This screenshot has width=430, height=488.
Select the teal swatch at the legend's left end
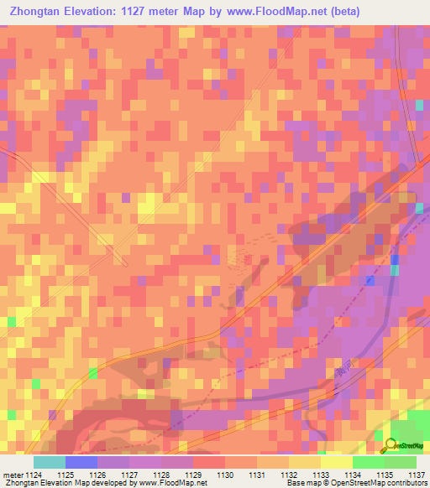click(x=50, y=462)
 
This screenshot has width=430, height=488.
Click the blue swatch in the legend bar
click(x=81, y=462)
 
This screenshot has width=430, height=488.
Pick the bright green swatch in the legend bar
click(x=368, y=462)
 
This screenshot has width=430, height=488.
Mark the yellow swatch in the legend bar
click(x=336, y=462)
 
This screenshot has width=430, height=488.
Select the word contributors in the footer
click(x=405, y=484)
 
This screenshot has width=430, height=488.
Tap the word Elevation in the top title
click(x=91, y=12)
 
